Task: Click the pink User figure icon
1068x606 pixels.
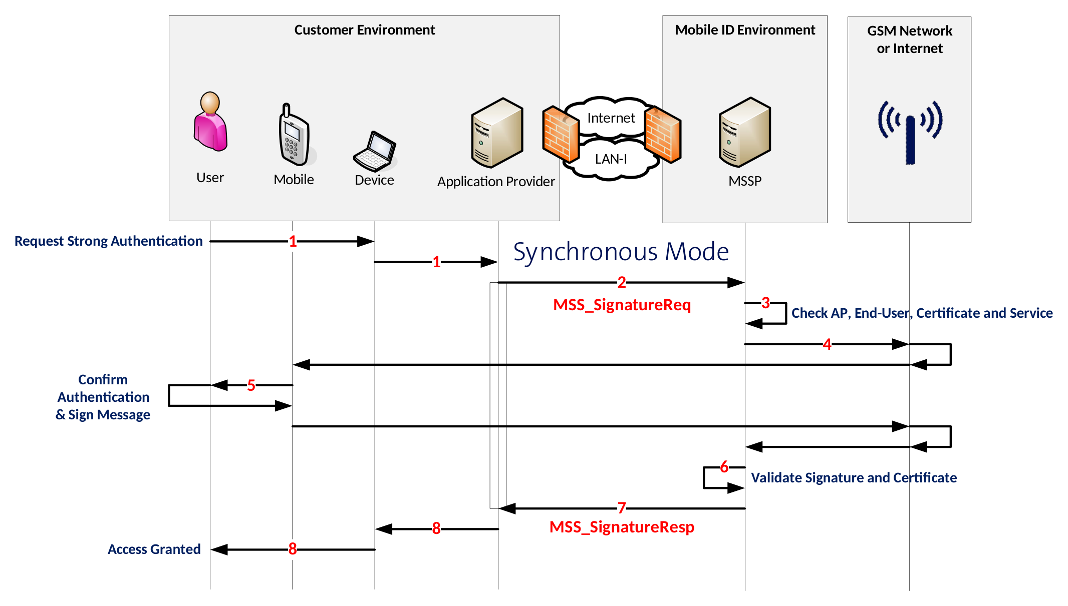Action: point(210,123)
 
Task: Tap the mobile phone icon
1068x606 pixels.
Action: point(294,136)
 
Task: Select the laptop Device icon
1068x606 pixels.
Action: point(375,152)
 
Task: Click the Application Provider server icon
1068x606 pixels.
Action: point(496,133)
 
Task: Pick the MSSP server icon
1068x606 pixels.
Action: point(744,132)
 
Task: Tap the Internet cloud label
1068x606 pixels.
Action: point(611,118)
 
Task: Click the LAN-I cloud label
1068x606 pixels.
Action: point(611,159)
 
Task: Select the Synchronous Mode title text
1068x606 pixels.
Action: point(621,252)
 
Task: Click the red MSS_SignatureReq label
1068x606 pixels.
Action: point(622,305)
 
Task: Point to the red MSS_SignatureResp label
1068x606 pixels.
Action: point(622,527)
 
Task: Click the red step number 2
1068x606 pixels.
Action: point(622,283)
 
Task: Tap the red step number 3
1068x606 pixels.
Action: point(765,303)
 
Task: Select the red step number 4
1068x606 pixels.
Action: point(827,344)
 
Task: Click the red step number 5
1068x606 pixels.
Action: point(251,385)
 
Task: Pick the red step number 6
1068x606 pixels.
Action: point(724,467)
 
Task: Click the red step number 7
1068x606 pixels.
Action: point(622,508)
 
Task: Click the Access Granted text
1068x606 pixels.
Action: point(154,549)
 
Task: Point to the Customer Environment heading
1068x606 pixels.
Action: point(364,30)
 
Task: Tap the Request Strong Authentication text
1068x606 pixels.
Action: point(108,241)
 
